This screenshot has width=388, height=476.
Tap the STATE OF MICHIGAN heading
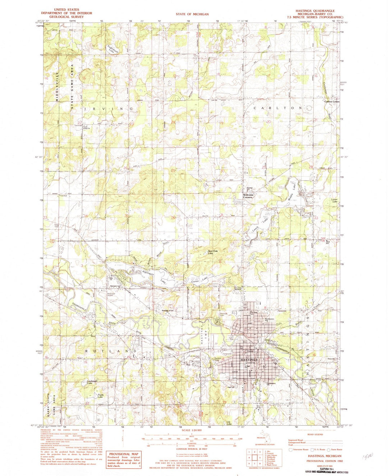point(192,14)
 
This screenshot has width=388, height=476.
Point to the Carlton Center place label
point(332,101)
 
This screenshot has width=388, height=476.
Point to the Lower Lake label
point(335,200)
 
